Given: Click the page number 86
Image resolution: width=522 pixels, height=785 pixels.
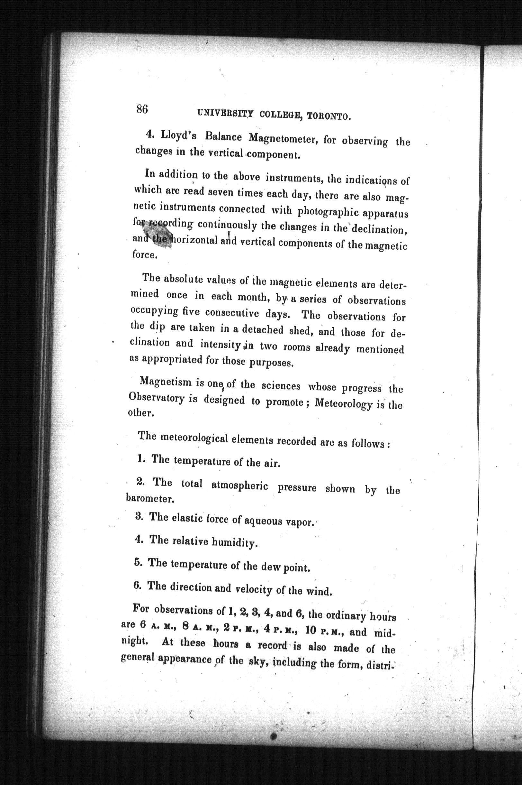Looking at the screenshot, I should [x=142, y=109].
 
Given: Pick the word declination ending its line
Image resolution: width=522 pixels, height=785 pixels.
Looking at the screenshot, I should [x=380, y=229].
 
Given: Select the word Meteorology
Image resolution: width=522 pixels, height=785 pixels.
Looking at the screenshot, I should [x=344, y=403].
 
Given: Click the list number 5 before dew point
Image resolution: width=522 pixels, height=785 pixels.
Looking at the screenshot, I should [x=138, y=562].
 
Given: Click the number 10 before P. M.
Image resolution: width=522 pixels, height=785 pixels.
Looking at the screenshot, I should [x=310, y=629].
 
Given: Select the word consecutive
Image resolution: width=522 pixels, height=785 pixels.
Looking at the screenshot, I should [x=232, y=312].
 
